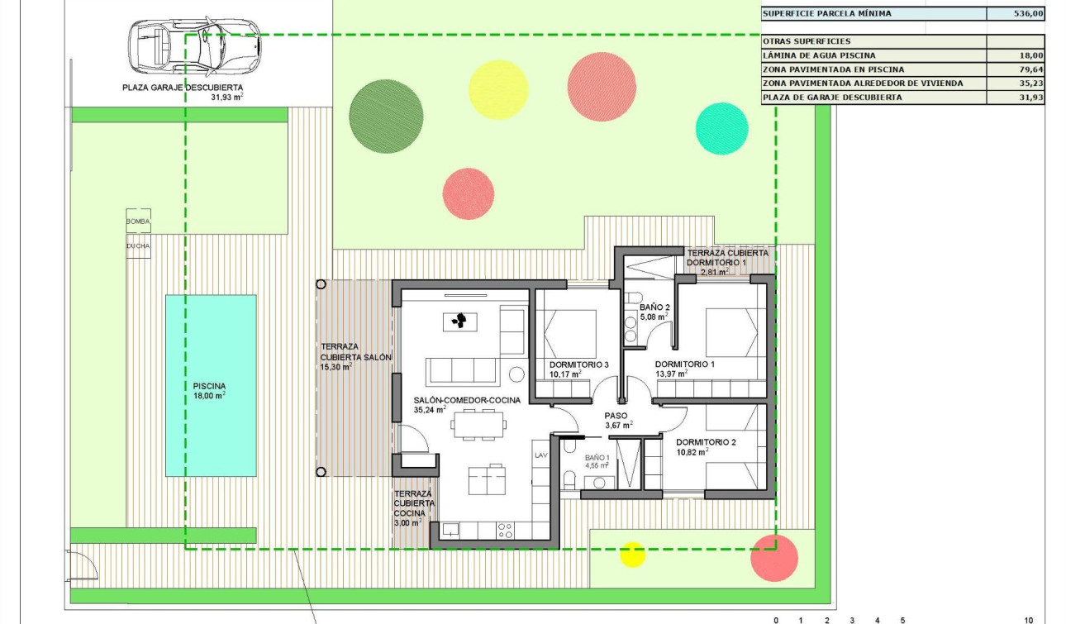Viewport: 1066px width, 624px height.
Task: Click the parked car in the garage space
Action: [194, 45]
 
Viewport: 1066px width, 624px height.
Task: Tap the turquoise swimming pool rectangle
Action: [210, 385]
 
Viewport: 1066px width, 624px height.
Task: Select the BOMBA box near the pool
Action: [138, 221]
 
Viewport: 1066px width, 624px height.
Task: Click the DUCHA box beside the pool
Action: [138, 245]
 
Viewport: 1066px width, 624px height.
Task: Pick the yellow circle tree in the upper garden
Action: [498, 89]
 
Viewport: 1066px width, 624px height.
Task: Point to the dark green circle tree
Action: [386, 117]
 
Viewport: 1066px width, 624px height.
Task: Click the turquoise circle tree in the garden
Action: [721, 129]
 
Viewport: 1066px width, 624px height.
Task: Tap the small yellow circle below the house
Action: [632, 554]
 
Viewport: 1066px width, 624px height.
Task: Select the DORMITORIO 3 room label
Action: [578, 364]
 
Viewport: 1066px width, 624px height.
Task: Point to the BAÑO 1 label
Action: [597, 457]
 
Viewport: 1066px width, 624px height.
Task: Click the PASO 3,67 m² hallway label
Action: [616, 417]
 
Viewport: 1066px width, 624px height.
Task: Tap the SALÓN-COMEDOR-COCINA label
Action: [467, 400]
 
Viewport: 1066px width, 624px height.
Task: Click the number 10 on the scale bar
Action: [1028, 620]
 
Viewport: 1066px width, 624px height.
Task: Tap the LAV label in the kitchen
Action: [541, 455]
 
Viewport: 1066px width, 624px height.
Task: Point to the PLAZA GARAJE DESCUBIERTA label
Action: [183, 87]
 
